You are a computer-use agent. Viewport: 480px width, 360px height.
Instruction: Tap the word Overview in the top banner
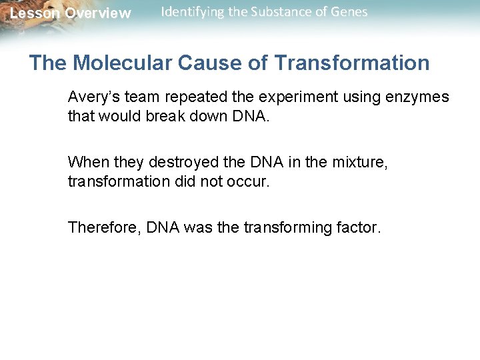click(x=98, y=13)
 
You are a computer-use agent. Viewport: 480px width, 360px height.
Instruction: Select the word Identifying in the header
click(x=191, y=12)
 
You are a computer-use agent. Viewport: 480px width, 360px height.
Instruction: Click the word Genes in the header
click(x=347, y=12)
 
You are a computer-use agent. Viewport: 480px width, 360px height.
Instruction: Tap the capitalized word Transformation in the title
click(x=352, y=63)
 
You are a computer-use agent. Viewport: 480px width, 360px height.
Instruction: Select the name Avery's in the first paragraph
click(x=93, y=97)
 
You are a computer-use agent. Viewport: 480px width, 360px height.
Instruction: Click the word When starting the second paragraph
click(x=85, y=163)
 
